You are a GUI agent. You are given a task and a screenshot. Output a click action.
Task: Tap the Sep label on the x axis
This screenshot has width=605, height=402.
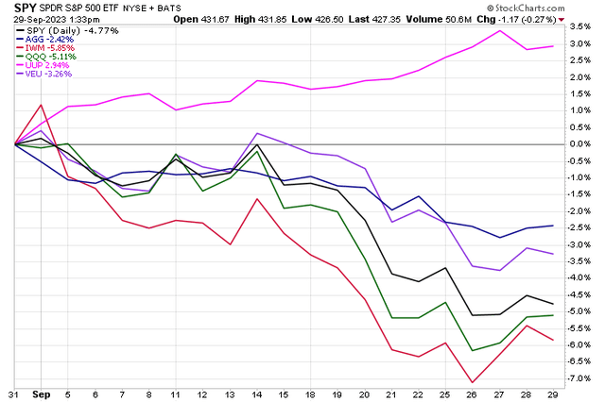[41, 393]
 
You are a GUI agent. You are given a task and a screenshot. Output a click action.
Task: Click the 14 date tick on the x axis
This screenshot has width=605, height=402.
[257, 393]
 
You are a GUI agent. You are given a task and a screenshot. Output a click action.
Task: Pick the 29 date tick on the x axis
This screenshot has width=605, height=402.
[552, 393]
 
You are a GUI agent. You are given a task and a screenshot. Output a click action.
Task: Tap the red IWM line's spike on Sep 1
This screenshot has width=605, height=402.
[41, 105]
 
